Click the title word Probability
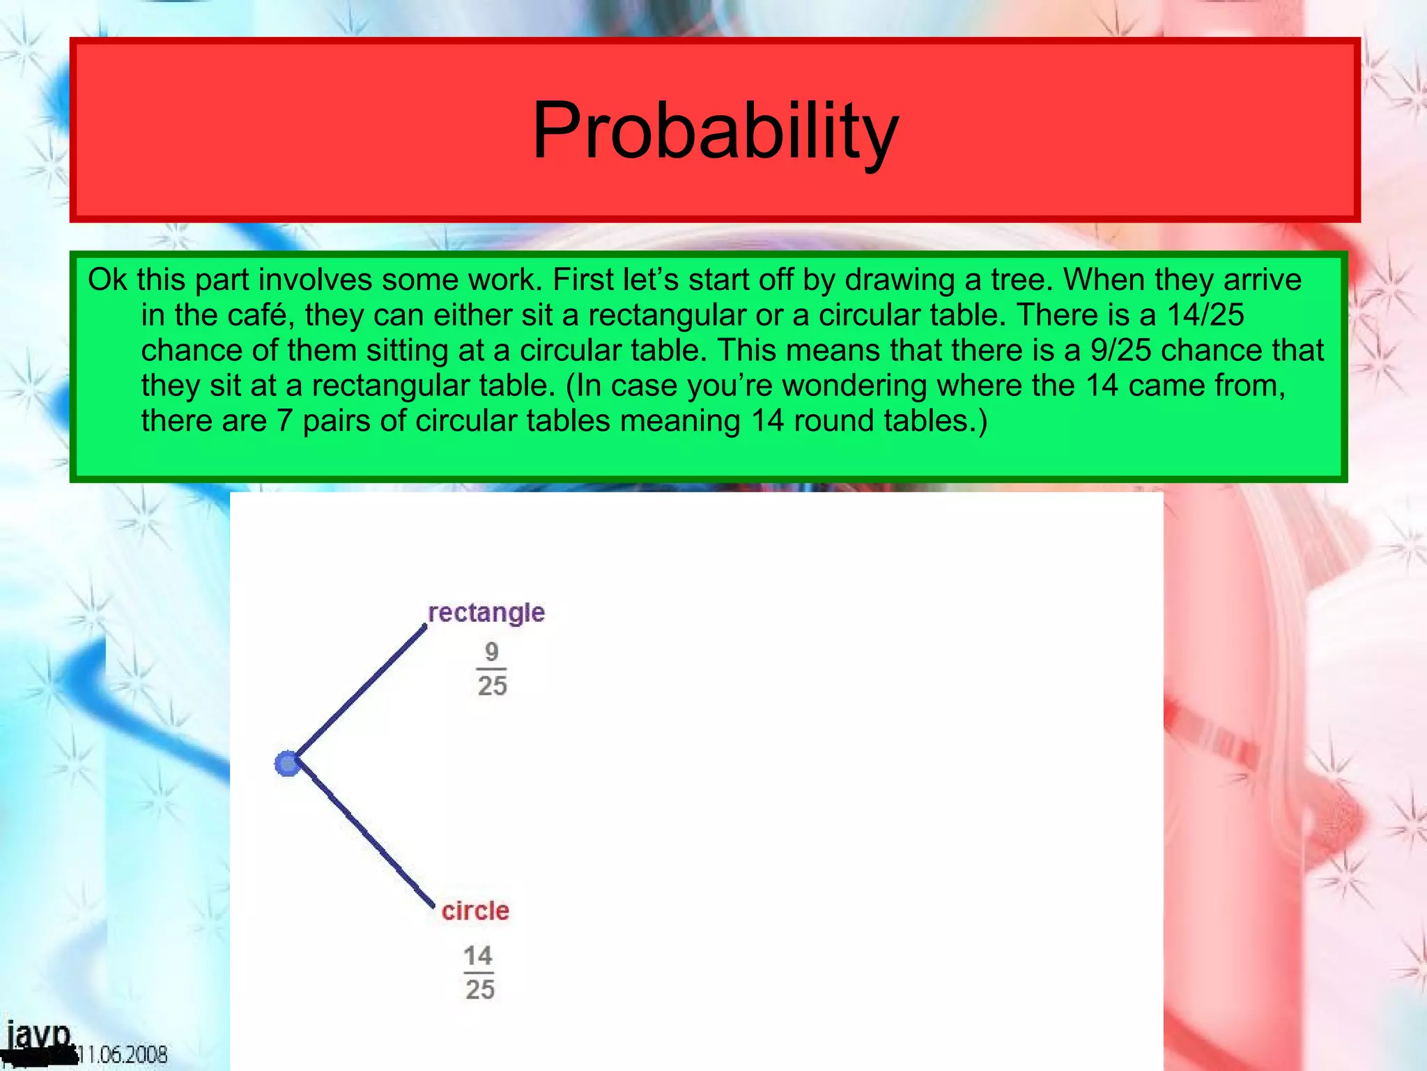715,130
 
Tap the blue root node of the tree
287,764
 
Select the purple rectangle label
486,612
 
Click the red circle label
475,911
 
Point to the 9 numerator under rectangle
492,652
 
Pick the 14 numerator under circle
478,955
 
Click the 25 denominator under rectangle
492,686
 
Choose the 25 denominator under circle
480,989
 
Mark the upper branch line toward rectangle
359,694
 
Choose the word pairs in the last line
337,421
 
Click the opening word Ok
107,280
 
